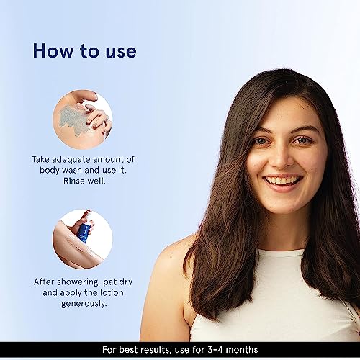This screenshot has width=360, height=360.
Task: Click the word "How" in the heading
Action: coord(53,50)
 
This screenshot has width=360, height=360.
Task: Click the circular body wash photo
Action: coord(83,120)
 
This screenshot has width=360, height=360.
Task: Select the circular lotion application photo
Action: coord(83,239)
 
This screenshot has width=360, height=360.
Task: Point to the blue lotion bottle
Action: coord(84,233)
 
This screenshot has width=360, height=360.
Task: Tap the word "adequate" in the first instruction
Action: coord(71,160)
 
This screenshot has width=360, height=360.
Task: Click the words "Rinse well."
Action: coord(84,181)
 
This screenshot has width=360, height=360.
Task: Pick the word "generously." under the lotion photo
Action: coord(84,304)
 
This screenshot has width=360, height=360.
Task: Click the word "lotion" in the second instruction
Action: coord(112,292)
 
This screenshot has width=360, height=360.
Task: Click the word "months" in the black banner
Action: coord(242,350)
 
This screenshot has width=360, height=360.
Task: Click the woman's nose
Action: coord(282,157)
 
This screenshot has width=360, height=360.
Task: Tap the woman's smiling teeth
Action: coord(283,180)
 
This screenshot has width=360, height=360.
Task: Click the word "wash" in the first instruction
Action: coord(72,170)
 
